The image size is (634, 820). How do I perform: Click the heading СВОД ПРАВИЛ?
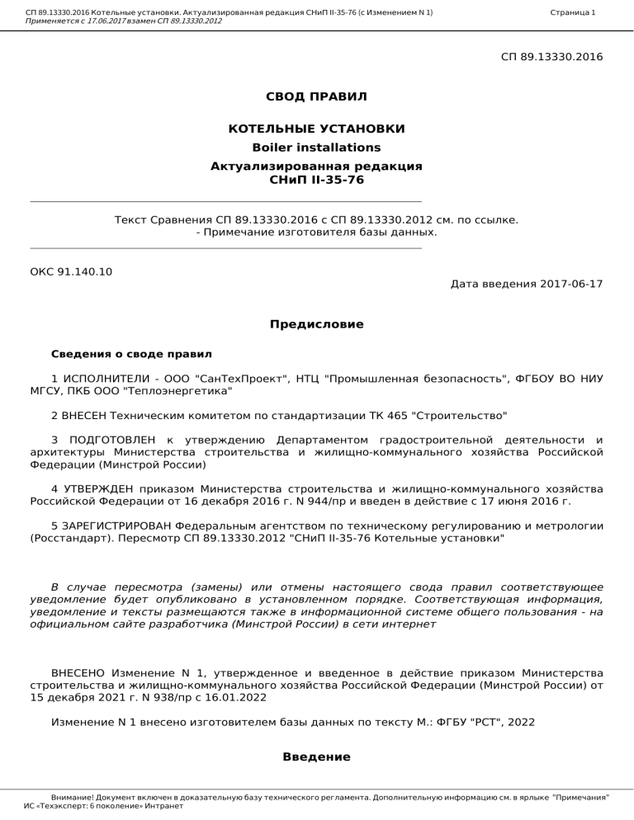tap(316, 97)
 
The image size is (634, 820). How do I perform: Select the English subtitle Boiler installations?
tap(316, 148)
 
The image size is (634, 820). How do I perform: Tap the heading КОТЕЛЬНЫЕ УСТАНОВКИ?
tap(316, 130)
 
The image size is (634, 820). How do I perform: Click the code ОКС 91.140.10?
tap(71, 271)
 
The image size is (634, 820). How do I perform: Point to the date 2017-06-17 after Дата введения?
tap(571, 285)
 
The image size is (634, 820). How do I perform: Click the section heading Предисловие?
tap(316, 325)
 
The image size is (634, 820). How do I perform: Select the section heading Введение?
tap(316, 756)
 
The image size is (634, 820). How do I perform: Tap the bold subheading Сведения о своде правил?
tap(131, 355)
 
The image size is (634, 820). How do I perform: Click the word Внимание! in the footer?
tap(72, 799)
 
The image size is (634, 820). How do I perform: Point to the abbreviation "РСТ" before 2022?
tap(482, 722)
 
